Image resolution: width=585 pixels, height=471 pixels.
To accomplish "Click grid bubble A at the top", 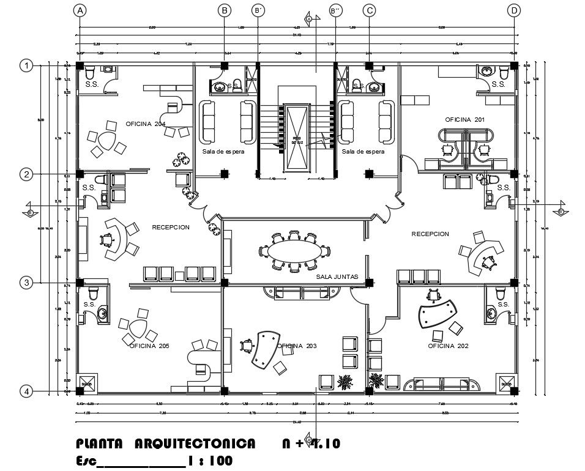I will coord(79,10).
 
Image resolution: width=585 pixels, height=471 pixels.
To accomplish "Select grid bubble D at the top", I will coord(515,10).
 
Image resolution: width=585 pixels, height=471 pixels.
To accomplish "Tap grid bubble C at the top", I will coord(369,10).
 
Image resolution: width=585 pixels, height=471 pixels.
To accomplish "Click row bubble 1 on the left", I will coord(26,65).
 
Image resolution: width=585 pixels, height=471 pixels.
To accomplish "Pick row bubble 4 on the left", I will coord(26,391).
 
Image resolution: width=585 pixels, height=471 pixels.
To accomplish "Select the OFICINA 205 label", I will coord(149,346).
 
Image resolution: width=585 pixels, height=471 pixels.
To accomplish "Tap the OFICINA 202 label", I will coord(448,346).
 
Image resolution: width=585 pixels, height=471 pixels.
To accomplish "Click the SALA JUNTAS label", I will coord(337,277).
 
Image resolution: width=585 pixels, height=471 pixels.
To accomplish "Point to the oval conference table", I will coord(294,251).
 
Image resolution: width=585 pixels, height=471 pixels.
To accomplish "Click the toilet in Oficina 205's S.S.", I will coord(93,293).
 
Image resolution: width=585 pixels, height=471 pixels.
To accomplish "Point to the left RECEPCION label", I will coord(171,228).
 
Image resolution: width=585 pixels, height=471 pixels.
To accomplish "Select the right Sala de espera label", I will coord(363,151).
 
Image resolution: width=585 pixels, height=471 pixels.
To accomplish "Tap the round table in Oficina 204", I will coord(108,140).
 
